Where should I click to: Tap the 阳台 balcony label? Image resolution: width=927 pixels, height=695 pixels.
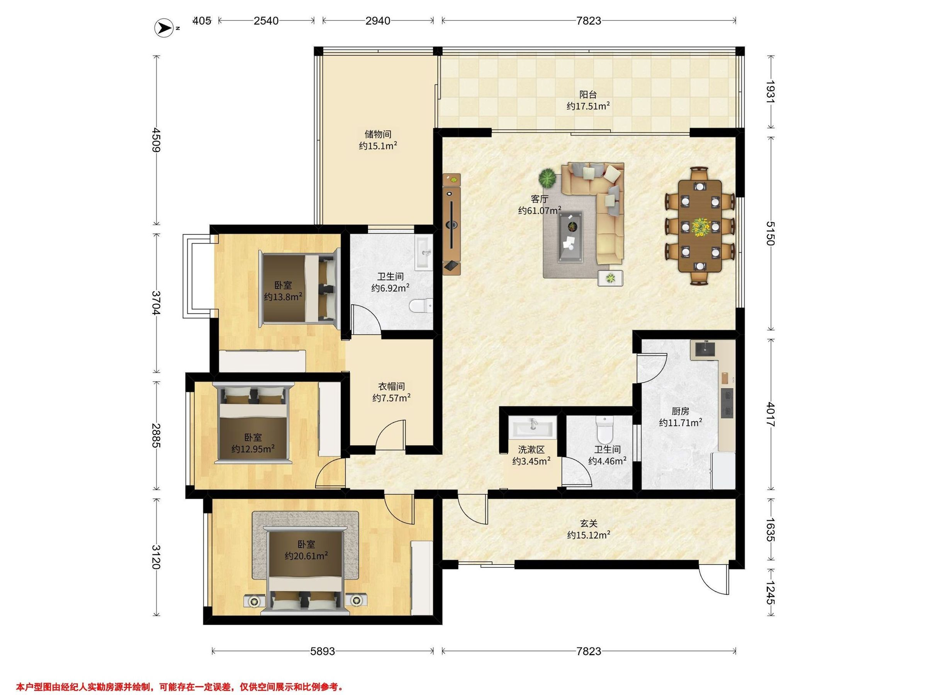click(x=588, y=95)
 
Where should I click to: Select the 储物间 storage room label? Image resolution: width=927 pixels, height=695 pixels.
click(x=378, y=134)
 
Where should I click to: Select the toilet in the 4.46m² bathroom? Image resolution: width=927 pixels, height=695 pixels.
click(x=604, y=430)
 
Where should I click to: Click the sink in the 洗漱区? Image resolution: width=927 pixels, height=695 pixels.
click(x=532, y=428)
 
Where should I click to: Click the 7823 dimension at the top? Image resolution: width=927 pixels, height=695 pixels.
click(x=588, y=20)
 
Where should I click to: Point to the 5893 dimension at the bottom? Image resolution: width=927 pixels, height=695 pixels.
click(x=323, y=651)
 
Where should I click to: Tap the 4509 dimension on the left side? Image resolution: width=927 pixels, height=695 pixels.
click(x=157, y=140)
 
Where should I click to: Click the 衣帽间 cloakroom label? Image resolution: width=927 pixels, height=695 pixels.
click(x=391, y=386)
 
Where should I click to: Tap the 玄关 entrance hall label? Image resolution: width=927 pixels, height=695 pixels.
click(x=588, y=523)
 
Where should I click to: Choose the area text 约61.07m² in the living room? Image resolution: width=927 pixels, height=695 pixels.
click(x=540, y=210)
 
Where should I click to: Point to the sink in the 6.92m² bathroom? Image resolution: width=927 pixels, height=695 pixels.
click(x=423, y=253)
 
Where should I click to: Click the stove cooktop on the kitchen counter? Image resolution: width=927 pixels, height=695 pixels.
click(x=727, y=403)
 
